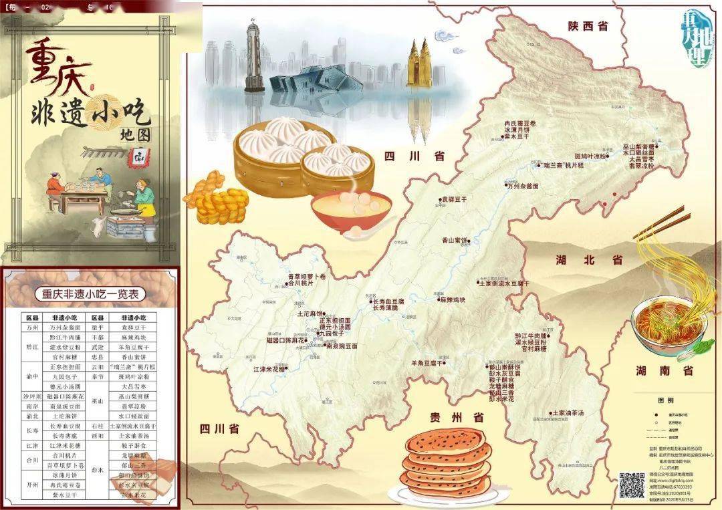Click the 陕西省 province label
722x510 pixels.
coord(589,27)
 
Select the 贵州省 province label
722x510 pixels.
coord(456,418)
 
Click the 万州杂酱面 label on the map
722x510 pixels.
coord(523,186)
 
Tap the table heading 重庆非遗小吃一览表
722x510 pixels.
coord(90,294)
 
